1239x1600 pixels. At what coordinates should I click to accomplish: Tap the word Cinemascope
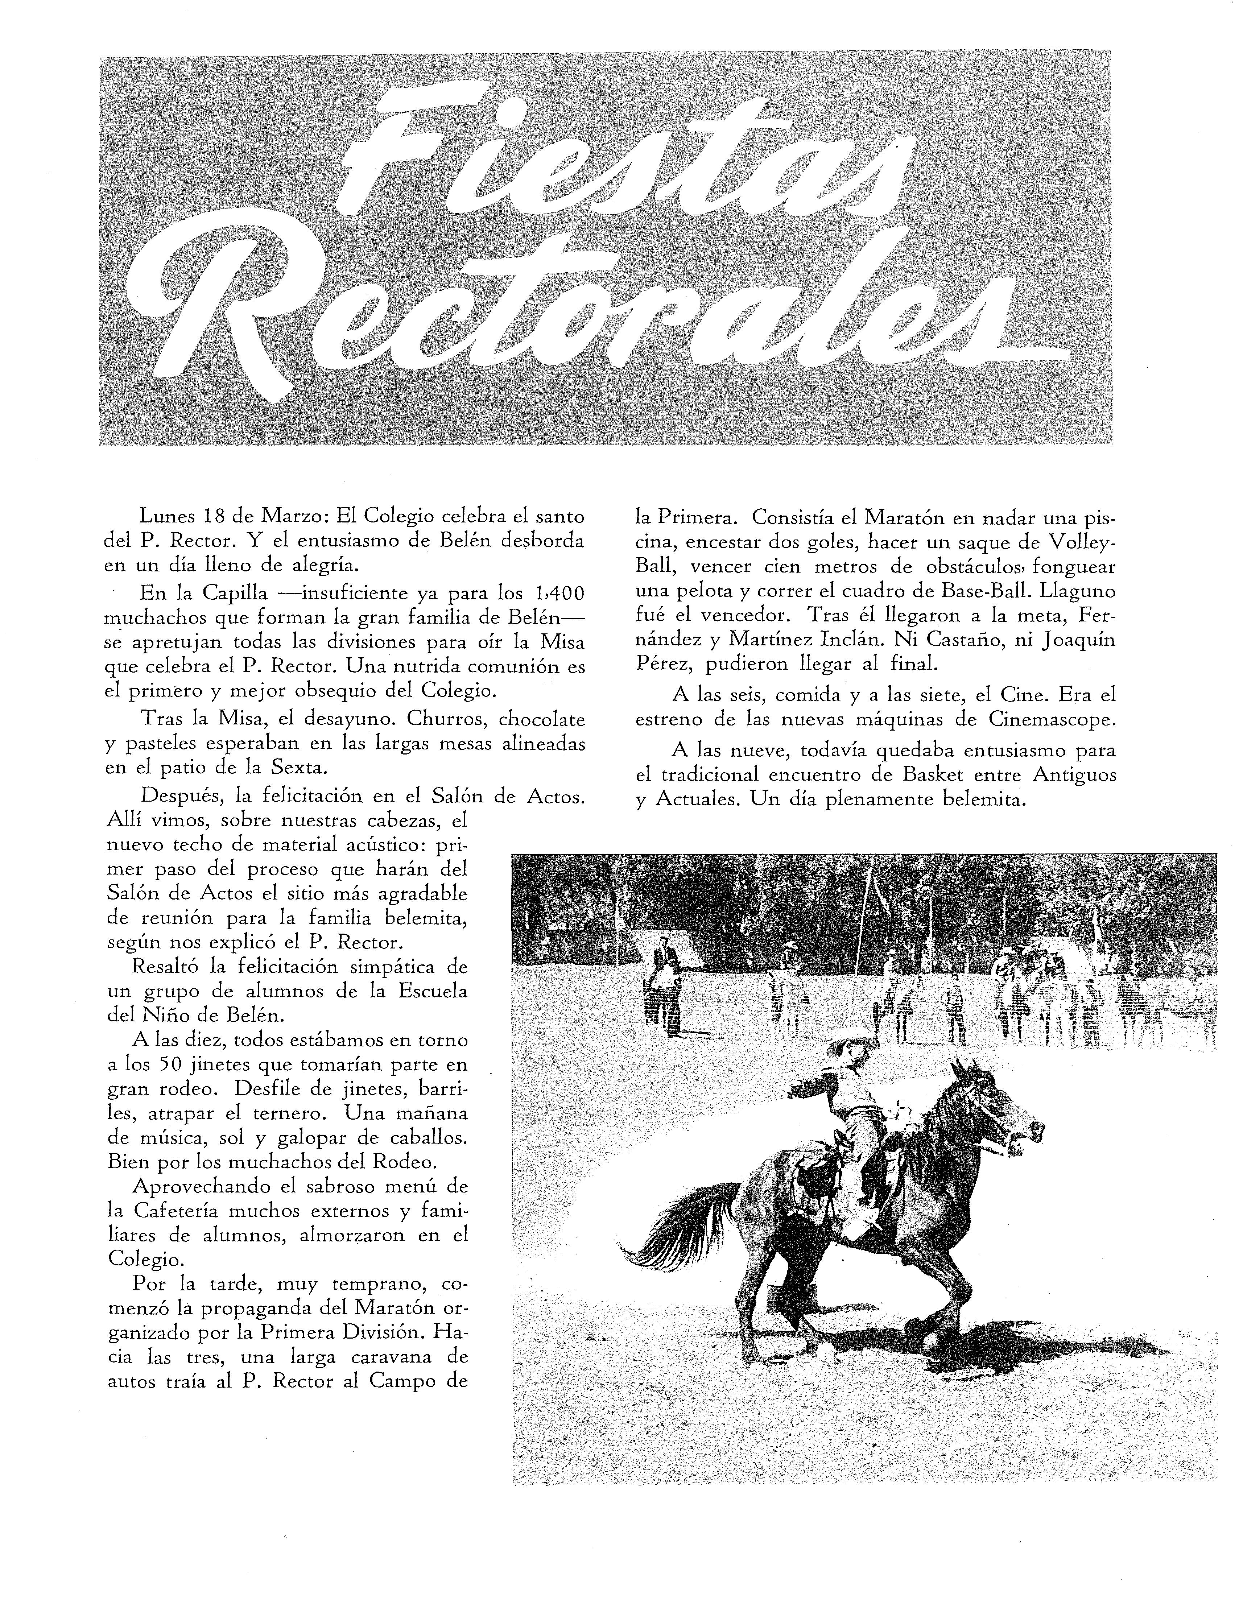1052,719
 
